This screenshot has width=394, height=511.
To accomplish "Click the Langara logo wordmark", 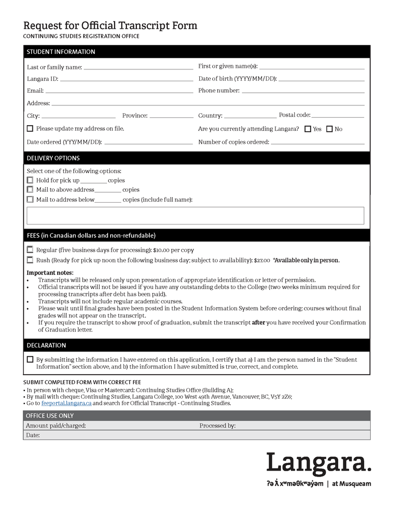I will coord(319,464).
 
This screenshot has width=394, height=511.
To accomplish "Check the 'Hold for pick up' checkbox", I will coord(30,180).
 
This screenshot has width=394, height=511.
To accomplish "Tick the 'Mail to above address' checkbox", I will coord(30,190).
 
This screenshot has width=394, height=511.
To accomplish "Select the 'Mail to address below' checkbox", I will coord(30,200).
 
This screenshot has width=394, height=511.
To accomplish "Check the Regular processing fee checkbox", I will coord(30,250).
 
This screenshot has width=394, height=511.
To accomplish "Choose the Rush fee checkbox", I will coord(30,260).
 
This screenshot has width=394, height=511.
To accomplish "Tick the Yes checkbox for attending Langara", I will coord(308,129).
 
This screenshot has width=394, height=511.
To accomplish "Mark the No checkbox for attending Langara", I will coord(329,129).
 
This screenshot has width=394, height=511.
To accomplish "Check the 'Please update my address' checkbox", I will coord(30,129).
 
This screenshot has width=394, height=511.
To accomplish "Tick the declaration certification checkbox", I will coord(30,359).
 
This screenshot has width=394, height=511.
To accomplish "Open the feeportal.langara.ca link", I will coord(66,403).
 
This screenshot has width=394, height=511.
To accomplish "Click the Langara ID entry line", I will coord(126,79).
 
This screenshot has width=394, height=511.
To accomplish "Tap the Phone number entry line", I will coord(303,91).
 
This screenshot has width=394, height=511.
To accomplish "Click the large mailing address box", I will coord(195,216).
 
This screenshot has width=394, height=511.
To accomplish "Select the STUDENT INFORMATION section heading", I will coord(61,52).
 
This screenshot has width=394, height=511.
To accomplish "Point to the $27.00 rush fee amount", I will coord(262,260).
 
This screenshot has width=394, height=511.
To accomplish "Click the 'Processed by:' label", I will coord(217,426).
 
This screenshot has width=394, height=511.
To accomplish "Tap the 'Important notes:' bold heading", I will coord(50,272).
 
